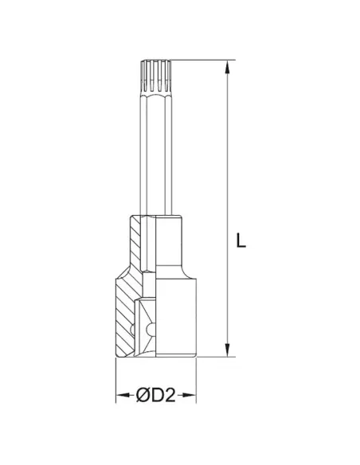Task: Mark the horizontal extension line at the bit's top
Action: tap(199, 58)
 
